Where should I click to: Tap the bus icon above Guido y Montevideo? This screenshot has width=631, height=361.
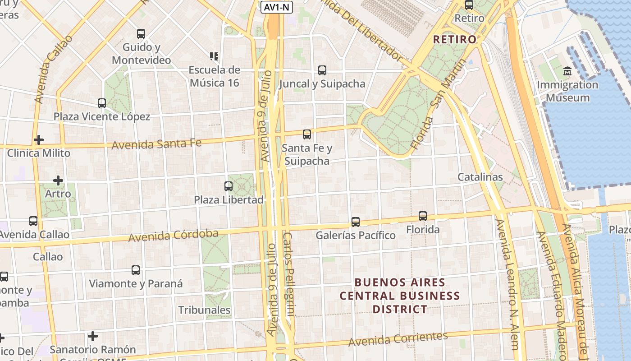pos(141,33)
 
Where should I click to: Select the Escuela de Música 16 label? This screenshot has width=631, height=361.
pos(215,76)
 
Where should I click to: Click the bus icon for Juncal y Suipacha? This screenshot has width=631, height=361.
pos(322,70)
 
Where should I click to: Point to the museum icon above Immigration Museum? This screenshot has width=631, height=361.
pos(567,71)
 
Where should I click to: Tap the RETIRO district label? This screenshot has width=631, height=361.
pos(455,39)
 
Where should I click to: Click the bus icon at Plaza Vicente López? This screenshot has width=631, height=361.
pos(102,103)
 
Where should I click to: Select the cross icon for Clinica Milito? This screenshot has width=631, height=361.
pos(39,140)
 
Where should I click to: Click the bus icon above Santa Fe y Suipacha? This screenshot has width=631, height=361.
pos(307,134)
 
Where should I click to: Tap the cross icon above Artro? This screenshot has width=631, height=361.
pos(58,180)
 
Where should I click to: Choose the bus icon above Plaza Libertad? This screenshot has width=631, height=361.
pos(229,186)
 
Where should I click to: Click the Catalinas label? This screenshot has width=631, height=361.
pos(480,177)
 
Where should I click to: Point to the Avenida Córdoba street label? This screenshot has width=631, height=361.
pos(174,236)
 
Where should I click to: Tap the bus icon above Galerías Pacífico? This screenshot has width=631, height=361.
pos(356,222)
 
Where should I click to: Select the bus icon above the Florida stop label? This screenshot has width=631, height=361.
pos(423,216)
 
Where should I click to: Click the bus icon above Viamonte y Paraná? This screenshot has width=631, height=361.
pos(136,270)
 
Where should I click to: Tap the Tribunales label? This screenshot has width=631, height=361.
pos(204,310)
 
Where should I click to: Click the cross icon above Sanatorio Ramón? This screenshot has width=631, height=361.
pos(93,336)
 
